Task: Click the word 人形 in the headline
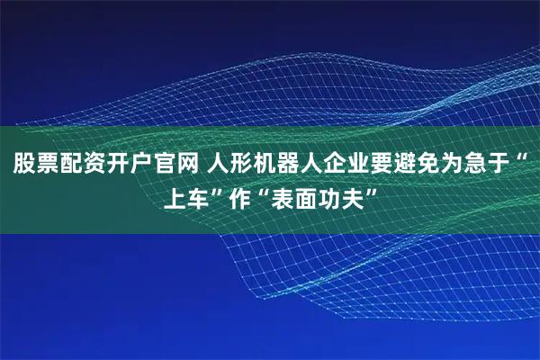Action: click(233, 165)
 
